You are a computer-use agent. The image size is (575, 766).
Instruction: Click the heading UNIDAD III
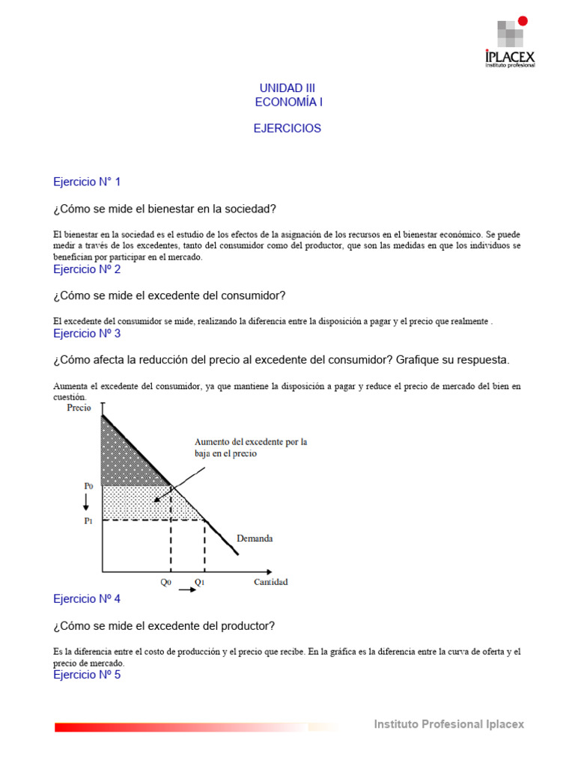tap(287, 88)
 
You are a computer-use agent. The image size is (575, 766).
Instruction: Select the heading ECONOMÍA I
tap(289, 102)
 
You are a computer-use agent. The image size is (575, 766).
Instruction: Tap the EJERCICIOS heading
tap(287, 129)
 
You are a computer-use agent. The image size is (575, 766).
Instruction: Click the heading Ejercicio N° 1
tap(87, 182)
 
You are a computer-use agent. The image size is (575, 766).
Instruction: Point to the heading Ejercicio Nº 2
tap(87, 269)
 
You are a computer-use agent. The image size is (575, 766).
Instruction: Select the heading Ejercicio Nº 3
tap(87, 334)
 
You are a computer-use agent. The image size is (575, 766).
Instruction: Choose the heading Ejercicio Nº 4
tap(87, 599)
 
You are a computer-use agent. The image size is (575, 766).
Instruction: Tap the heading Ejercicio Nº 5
tap(87, 675)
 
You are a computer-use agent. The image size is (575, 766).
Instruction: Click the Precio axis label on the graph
tap(80, 408)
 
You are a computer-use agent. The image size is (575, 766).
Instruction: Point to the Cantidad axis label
tap(270, 582)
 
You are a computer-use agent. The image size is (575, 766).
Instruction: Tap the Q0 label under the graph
tap(166, 582)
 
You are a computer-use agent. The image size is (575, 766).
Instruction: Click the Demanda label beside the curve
tap(255, 538)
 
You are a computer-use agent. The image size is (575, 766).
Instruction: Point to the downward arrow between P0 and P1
tap(87, 503)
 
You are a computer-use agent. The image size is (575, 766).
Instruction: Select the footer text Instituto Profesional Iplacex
tap(449, 724)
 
